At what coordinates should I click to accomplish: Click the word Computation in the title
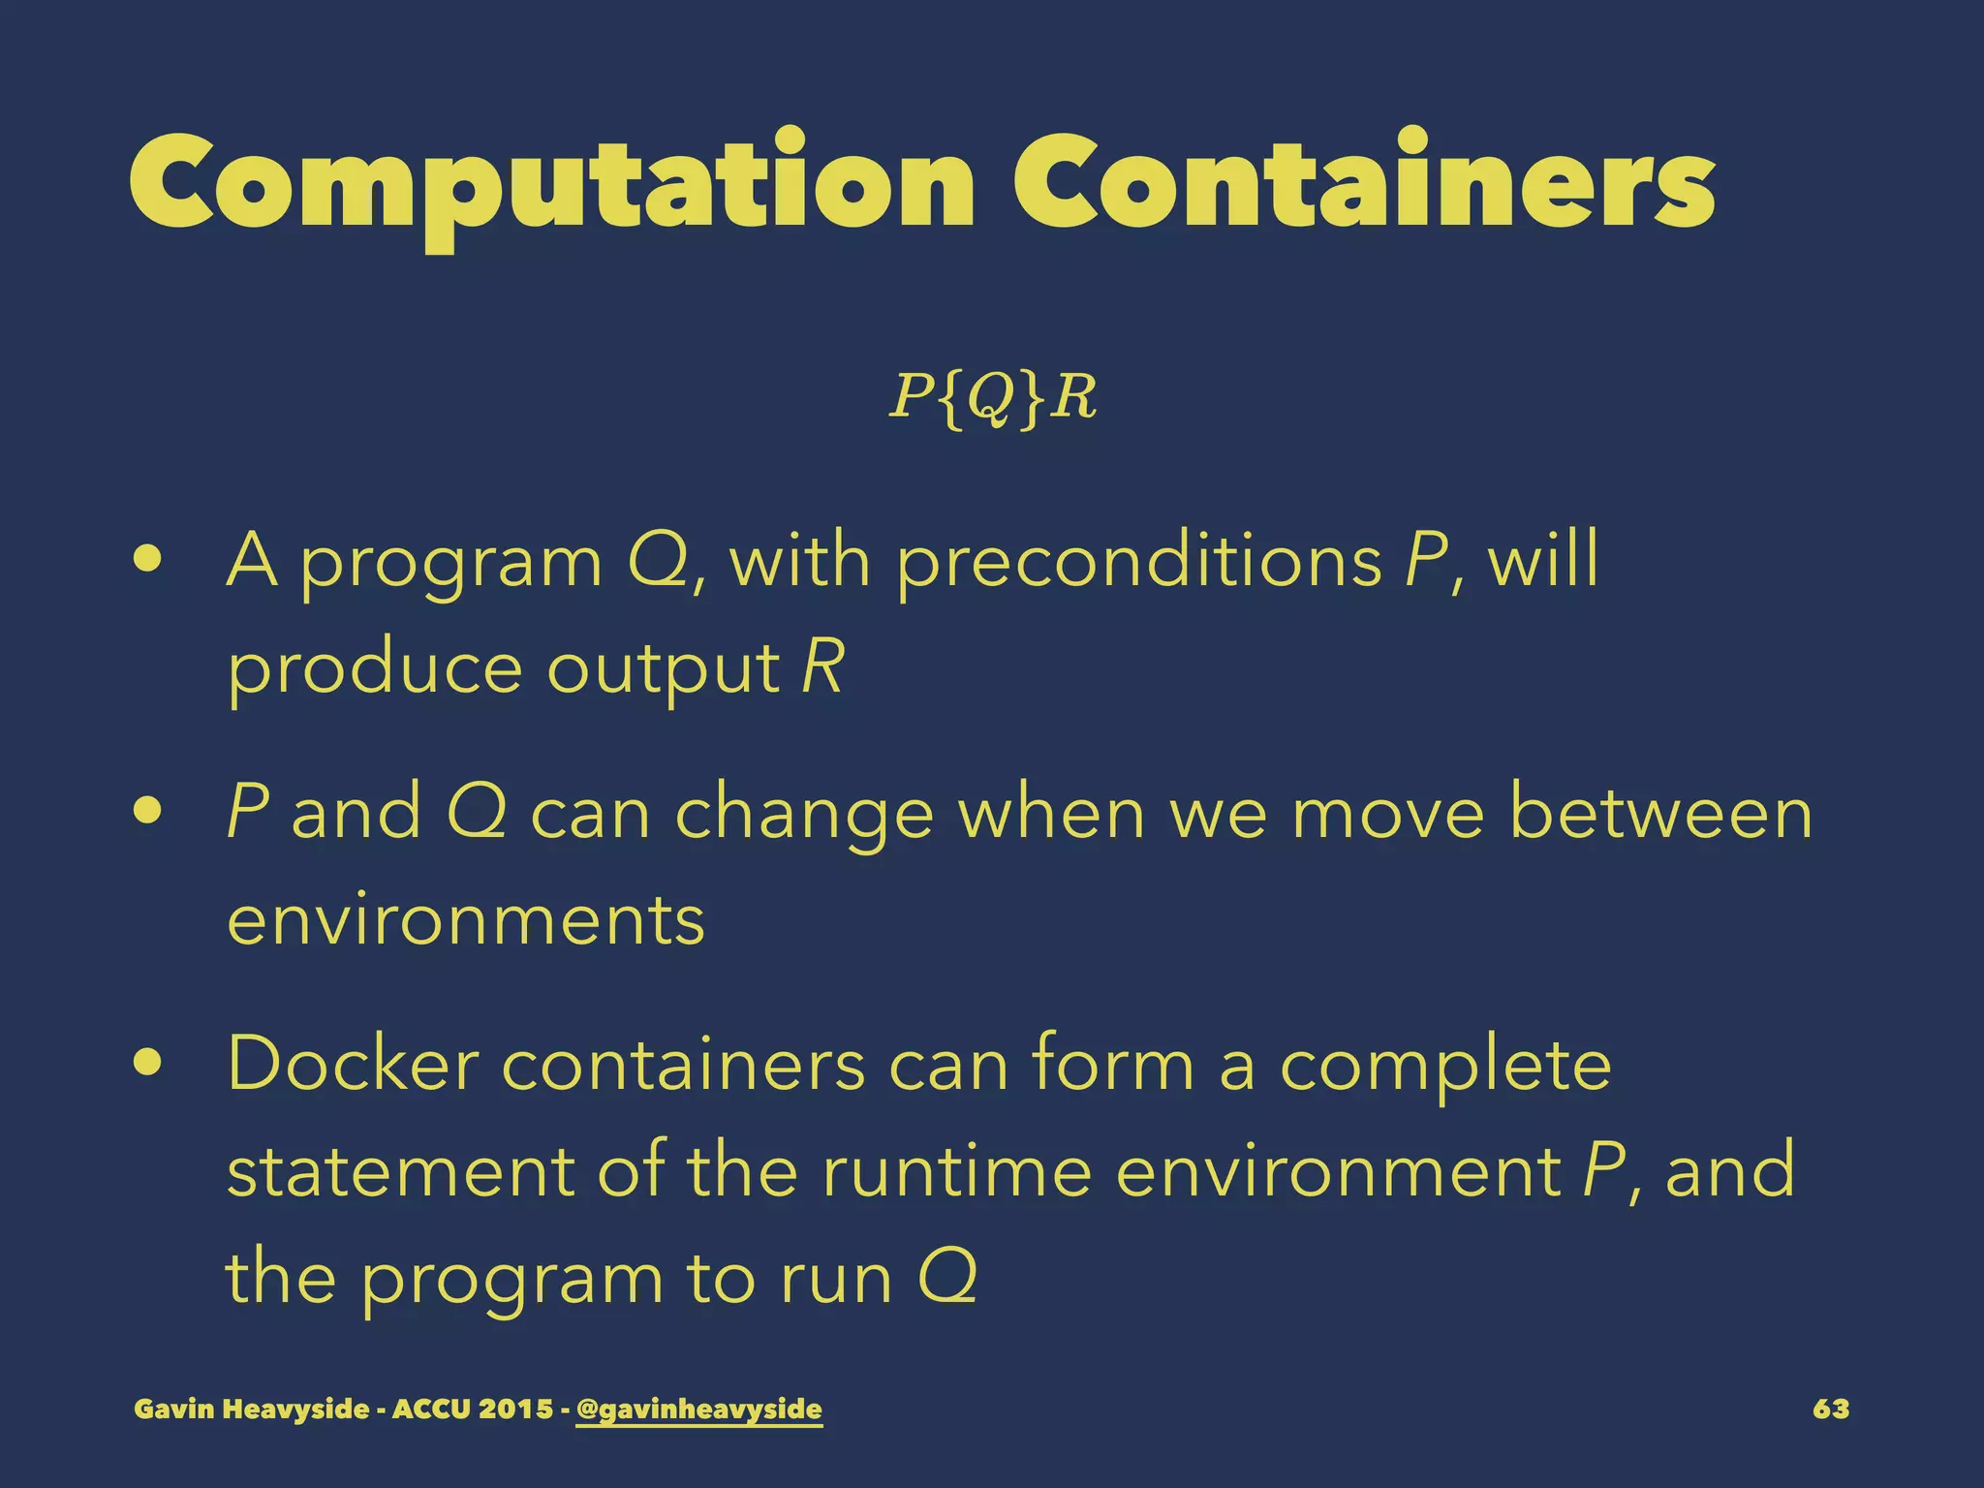coord(551,184)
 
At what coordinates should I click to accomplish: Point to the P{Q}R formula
coord(993,397)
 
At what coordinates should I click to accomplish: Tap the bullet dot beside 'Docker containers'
coord(148,1064)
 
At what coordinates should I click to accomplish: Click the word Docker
coord(353,1064)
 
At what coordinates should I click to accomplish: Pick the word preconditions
coord(1139,562)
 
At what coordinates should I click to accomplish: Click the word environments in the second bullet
coord(466,920)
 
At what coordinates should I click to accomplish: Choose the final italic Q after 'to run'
coord(946,1277)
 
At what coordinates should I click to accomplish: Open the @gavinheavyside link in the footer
coord(698,1409)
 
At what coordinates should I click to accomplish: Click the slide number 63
coord(1830,1409)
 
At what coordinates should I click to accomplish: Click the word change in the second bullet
coord(804,814)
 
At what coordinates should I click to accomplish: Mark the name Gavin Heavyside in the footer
coord(252,1409)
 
